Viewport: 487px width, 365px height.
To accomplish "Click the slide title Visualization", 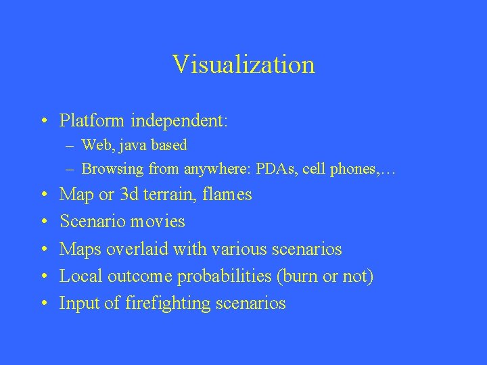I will pyautogui.click(x=243, y=65).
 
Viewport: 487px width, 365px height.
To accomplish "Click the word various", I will pyautogui.click(x=224, y=249).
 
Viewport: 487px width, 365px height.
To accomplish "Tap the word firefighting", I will pyautogui.click(x=168, y=304).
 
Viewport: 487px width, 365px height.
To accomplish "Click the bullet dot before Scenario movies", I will pyautogui.click(x=43, y=222).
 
